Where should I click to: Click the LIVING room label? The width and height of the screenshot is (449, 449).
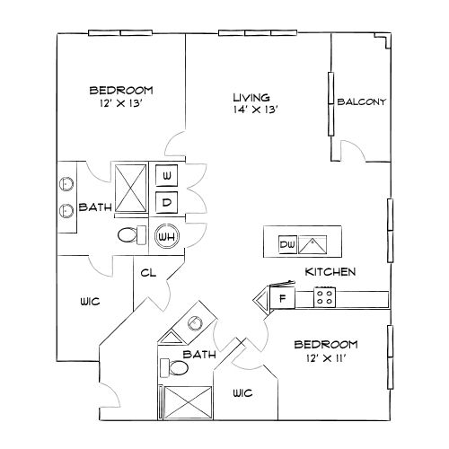pos(251,97)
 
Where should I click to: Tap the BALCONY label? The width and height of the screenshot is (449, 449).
pos(362,101)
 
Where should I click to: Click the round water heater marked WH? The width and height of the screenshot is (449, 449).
pos(166,236)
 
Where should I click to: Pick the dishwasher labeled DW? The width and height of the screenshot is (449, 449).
pos(286,244)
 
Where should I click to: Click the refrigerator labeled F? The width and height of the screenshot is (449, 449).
pos(282,298)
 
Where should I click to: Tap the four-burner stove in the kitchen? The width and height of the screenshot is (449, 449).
pos(323,295)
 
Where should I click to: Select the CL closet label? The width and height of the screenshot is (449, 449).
pos(149,277)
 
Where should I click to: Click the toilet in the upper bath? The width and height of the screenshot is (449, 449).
pos(131,236)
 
